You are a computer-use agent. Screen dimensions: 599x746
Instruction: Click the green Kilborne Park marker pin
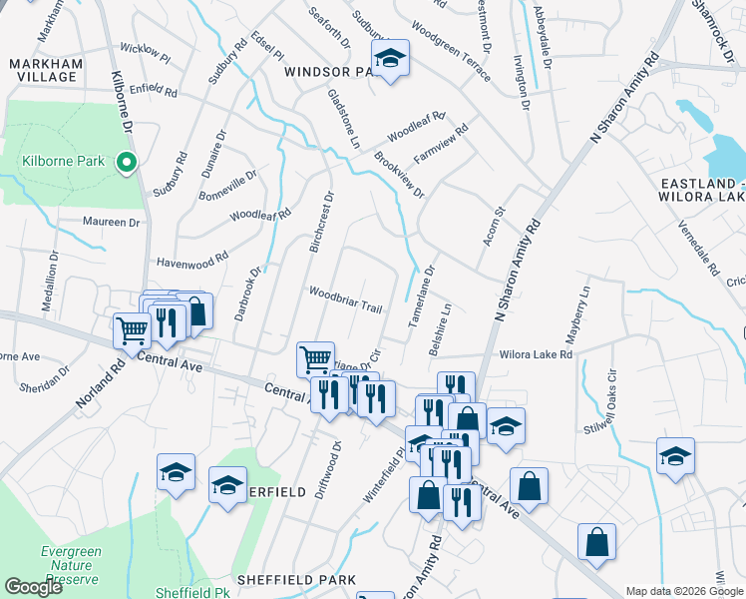click(126, 161)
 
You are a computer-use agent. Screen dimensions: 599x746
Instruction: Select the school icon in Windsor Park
click(390, 59)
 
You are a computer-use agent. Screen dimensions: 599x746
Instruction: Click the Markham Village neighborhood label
click(43, 70)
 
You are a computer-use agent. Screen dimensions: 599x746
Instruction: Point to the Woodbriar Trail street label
click(345, 300)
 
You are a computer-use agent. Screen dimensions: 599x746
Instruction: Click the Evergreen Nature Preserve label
click(69, 565)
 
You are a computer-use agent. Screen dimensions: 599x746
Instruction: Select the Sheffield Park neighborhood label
click(289, 579)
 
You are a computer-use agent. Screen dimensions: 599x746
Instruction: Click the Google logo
click(33, 587)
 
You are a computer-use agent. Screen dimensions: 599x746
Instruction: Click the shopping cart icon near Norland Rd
click(131, 329)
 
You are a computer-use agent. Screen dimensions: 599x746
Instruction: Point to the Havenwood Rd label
click(192, 262)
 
